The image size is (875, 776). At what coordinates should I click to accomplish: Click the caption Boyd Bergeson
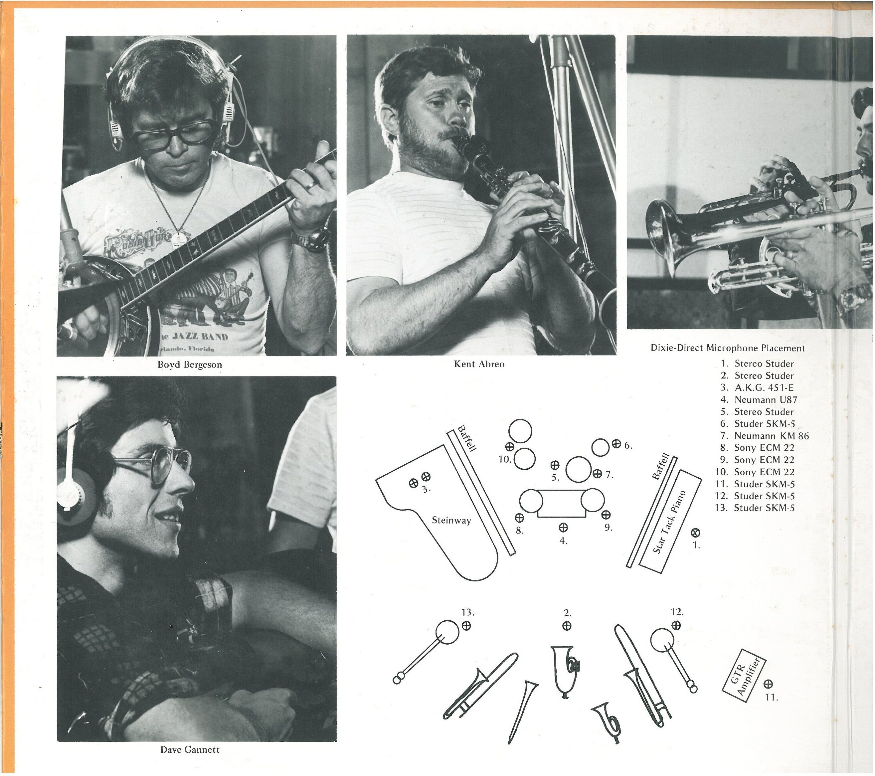[190, 365]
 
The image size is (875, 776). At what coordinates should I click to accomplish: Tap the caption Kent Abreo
[479, 364]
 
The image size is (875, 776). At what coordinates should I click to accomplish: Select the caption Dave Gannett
[190, 749]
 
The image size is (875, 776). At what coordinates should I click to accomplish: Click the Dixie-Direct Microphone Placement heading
[728, 348]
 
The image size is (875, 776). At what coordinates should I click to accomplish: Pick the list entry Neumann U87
[766, 400]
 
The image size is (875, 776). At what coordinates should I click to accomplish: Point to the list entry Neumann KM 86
[772, 436]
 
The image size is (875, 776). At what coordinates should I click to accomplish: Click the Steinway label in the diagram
[451, 521]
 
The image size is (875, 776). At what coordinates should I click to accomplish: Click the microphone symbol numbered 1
[696, 533]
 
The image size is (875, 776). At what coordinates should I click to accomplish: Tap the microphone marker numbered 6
[616, 443]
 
